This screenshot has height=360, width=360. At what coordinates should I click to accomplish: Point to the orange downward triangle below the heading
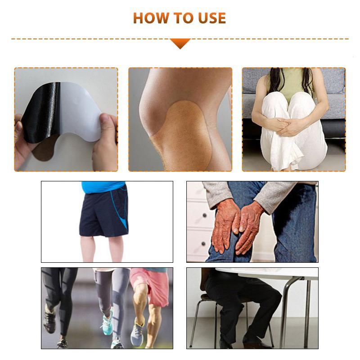[180, 43]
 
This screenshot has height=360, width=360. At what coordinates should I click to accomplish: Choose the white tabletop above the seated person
[270, 273]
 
